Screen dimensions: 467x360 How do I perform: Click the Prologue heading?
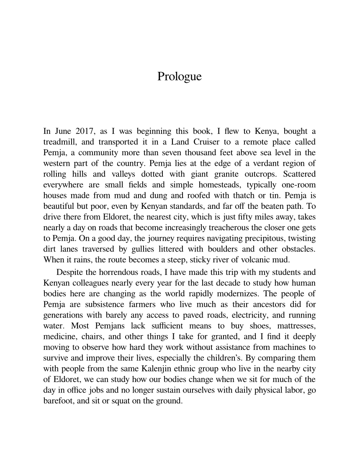pos(180,77)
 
